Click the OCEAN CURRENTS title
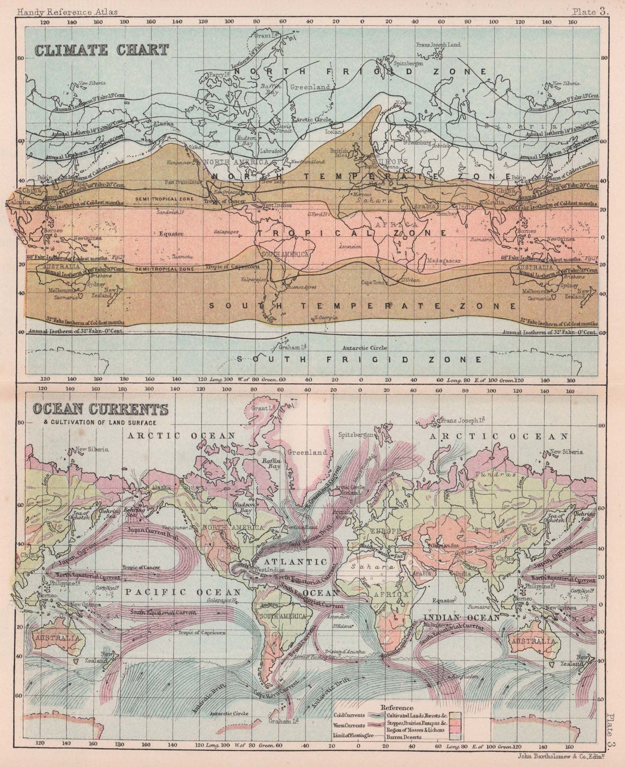click(100, 410)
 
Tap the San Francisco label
click(182, 182)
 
